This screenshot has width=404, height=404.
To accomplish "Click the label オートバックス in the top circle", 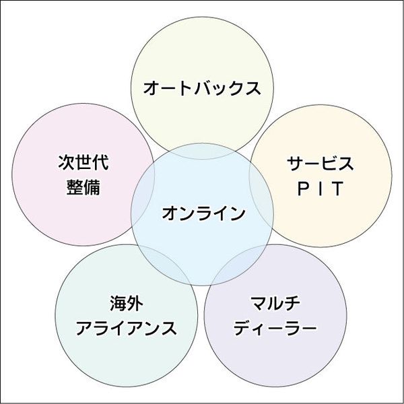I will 202,88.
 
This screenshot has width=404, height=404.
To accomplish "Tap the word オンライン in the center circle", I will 203,214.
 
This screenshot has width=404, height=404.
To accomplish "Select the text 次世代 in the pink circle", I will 83,164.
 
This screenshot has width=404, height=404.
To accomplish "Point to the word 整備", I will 83,187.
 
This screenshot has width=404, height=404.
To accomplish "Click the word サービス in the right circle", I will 320,164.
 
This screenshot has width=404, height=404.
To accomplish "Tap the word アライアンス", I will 126,328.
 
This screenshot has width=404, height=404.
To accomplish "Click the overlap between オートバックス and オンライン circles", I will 202,149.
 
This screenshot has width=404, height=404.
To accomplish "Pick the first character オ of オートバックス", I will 151,88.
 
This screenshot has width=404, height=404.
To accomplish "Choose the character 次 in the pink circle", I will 65,164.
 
